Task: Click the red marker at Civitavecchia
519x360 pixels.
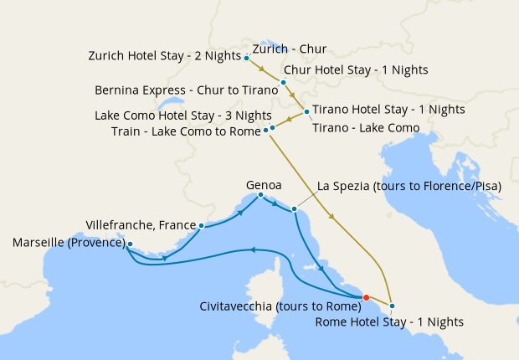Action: pos(366,297)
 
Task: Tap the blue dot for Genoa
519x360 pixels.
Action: pos(260,195)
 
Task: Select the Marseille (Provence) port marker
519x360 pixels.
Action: pos(130,244)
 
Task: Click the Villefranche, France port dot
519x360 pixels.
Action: pos(202,225)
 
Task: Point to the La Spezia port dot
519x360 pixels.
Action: pos(294,208)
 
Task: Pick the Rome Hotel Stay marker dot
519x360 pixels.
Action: pos(392,306)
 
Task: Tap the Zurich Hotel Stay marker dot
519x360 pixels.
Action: pos(246,58)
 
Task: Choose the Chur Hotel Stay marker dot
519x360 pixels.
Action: pos(284,82)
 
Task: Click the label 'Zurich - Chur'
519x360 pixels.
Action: pos(289,49)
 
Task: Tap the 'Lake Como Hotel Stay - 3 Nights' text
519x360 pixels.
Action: pos(183,116)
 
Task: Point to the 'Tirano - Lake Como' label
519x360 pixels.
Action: pos(365,127)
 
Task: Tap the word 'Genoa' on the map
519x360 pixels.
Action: pos(264,183)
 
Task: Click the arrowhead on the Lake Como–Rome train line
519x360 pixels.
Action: pos(333,219)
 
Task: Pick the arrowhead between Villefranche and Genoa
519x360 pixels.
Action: pos(241,213)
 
